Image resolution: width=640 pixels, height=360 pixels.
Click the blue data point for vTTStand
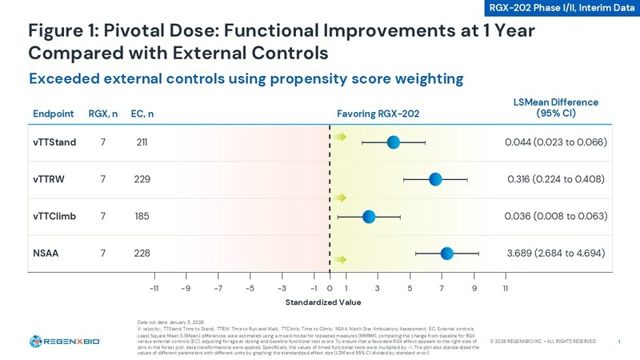393,142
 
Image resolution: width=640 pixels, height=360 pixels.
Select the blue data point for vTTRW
435,178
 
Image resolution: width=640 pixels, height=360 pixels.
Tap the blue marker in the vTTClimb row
369,216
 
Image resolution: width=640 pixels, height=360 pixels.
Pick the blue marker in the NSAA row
446,254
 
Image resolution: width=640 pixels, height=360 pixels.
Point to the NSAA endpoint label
46,253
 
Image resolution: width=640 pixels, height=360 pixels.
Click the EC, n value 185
142,216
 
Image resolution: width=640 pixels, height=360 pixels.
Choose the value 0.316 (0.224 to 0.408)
555,178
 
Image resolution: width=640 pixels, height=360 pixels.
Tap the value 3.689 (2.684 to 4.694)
555,254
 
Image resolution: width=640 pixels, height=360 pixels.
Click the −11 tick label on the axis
154,288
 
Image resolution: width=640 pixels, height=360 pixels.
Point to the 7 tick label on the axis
442,288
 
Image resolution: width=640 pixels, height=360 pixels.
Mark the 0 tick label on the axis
330,288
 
